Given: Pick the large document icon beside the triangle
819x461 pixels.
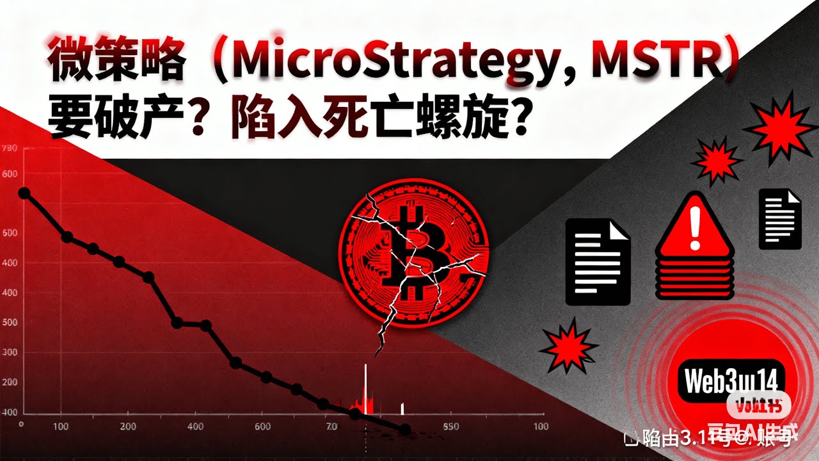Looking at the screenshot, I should coord(598,261).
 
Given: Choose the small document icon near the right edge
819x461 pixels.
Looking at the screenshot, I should coord(780,219).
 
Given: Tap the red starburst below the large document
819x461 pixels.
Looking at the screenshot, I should coord(569,348).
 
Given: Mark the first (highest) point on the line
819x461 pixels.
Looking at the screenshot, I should coord(24,193).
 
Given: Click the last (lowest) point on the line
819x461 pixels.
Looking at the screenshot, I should coord(404,430).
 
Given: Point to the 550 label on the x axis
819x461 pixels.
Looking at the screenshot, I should coord(452,427).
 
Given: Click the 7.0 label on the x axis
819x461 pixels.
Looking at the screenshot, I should coord(331,427).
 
